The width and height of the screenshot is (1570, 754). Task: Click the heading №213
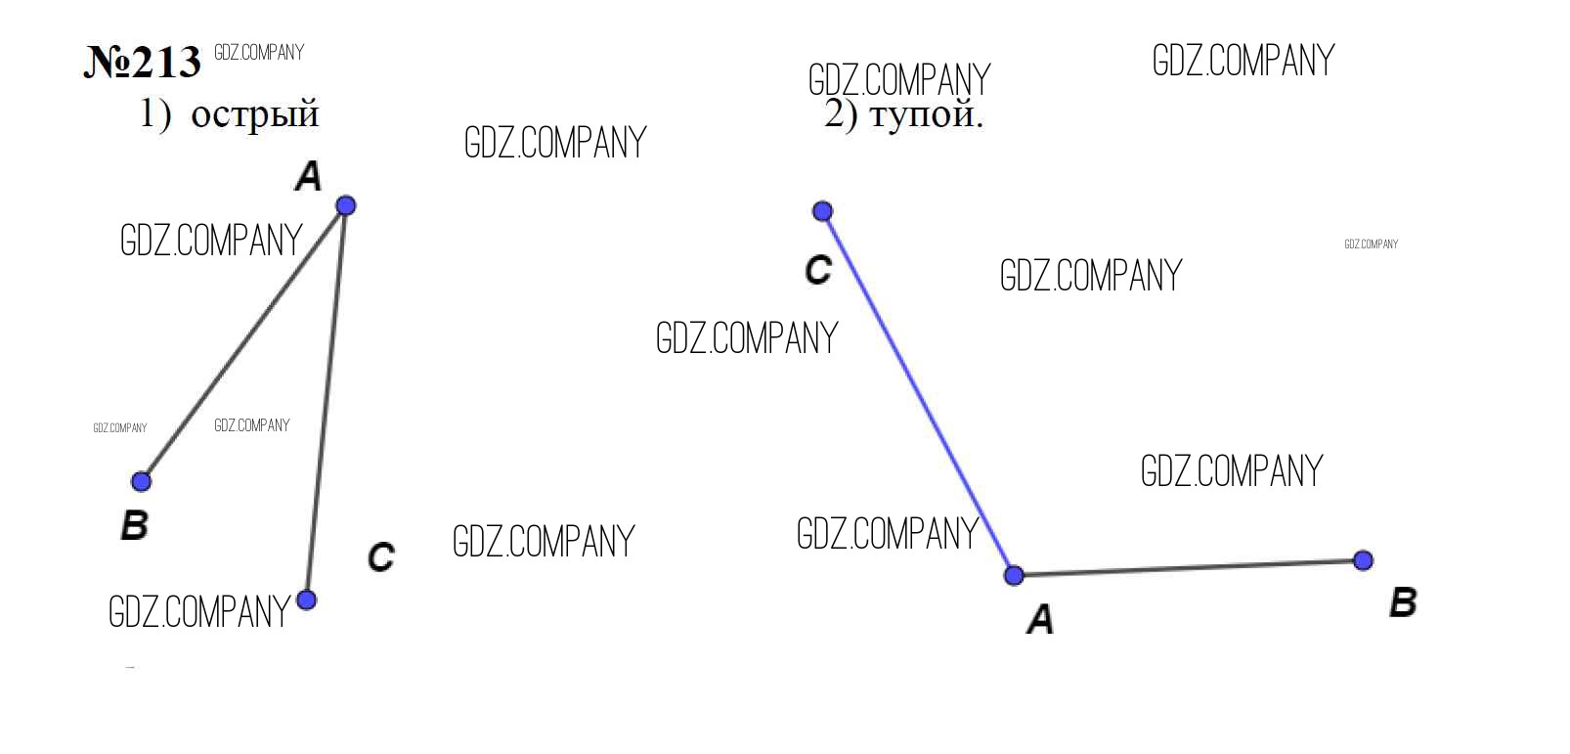tap(143, 63)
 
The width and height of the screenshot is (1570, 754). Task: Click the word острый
tap(255, 114)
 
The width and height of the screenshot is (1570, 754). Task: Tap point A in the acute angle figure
tap(345, 205)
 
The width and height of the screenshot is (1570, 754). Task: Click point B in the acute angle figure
tap(141, 482)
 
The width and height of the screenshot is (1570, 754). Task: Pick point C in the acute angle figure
tap(306, 600)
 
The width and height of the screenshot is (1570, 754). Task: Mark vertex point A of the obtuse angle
tap(1014, 576)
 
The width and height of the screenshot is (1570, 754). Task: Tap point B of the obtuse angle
tap(1363, 560)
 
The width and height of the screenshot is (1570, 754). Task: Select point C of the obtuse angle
tap(823, 211)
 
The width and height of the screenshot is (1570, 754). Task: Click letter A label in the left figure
tap(308, 176)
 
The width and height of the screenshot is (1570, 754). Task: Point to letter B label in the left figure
tap(135, 525)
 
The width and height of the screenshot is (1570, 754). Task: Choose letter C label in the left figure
tap(381, 557)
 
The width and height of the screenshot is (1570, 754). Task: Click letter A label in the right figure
tap(1040, 619)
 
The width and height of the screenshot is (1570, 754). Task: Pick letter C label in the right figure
tap(818, 270)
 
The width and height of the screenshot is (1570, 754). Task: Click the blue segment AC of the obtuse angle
tap(918, 393)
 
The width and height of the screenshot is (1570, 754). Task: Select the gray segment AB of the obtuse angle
tap(1189, 568)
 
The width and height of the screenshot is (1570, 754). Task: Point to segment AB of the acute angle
tap(243, 343)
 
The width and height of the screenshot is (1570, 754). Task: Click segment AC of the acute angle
tap(326, 403)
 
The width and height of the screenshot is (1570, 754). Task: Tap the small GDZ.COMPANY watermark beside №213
tap(259, 53)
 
